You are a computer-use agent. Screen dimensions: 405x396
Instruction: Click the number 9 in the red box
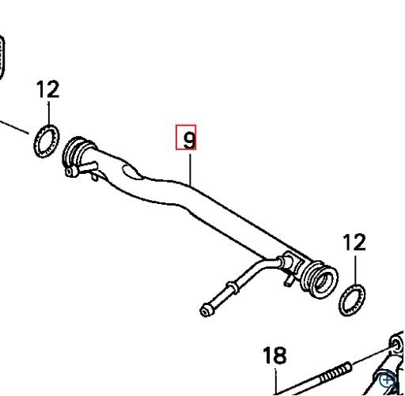point(189,140)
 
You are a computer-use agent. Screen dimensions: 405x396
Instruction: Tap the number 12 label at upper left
point(47,89)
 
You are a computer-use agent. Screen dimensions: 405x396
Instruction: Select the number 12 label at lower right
point(354,242)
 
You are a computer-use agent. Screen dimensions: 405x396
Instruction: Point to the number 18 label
point(274,356)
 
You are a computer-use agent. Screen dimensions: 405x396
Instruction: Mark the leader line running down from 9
point(190,169)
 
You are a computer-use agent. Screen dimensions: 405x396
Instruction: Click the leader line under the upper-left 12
point(48,113)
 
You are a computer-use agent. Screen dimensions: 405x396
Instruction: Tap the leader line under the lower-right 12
point(355,270)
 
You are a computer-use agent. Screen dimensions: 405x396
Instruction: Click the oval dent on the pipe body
point(131,172)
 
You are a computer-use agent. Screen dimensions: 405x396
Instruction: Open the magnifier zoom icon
point(387,380)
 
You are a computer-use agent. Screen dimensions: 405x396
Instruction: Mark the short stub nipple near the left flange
point(89,167)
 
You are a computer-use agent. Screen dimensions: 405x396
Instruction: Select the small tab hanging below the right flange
point(288,281)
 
